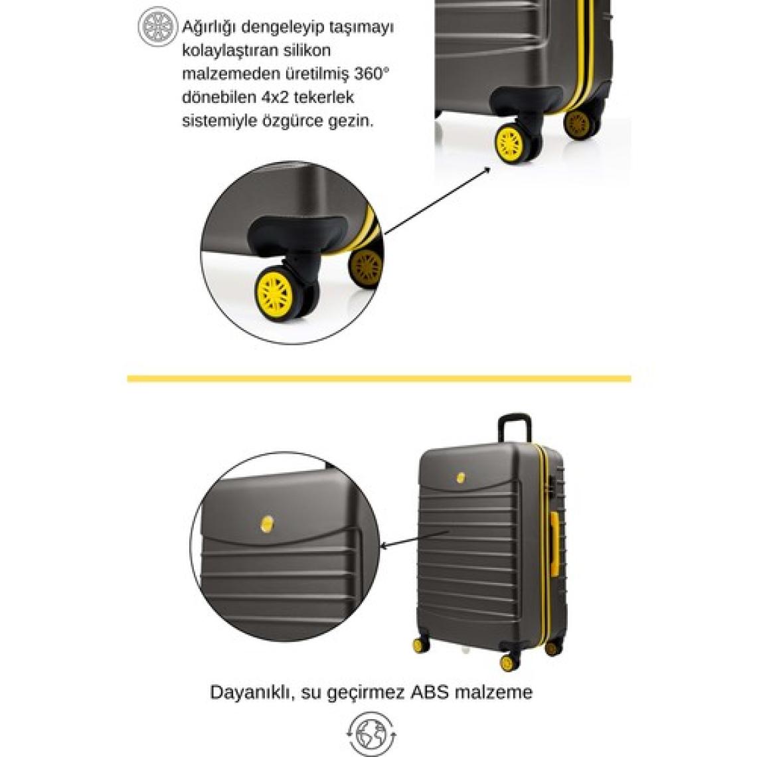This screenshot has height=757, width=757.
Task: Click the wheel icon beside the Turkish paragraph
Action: (x=157, y=27)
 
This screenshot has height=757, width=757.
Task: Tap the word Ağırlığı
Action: (x=209, y=27)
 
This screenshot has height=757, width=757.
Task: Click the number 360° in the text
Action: (x=371, y=74)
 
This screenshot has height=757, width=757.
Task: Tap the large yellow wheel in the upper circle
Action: (x=274, y=294)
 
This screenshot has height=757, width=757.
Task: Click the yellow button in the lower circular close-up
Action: (x=267, y=524)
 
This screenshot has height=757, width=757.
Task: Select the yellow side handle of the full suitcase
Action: (x=554, y=544)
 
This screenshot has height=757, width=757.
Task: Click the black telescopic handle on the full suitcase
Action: (x=515, y=427)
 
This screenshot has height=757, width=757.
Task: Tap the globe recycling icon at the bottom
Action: (x=371, y=733)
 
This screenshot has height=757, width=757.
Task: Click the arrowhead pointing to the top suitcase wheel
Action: (x=487, y=169)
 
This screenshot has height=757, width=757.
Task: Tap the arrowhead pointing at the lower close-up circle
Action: (x=384, y=547)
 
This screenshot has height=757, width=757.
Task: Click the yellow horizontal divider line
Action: (x=379, y=378)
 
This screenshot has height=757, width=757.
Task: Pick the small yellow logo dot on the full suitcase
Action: (x=461, y=477)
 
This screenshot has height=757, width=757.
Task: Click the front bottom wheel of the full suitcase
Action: (x=507, y=663)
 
